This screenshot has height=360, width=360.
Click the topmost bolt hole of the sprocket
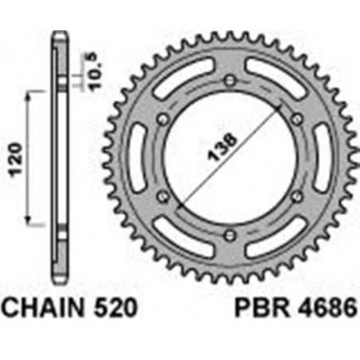230,80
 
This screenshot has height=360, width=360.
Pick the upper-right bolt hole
296,119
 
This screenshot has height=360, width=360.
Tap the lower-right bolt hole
296,195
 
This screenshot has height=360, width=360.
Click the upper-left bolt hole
164,119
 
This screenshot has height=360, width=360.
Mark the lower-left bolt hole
164,195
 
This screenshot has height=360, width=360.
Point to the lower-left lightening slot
183,237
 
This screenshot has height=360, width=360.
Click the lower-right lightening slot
276,237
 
